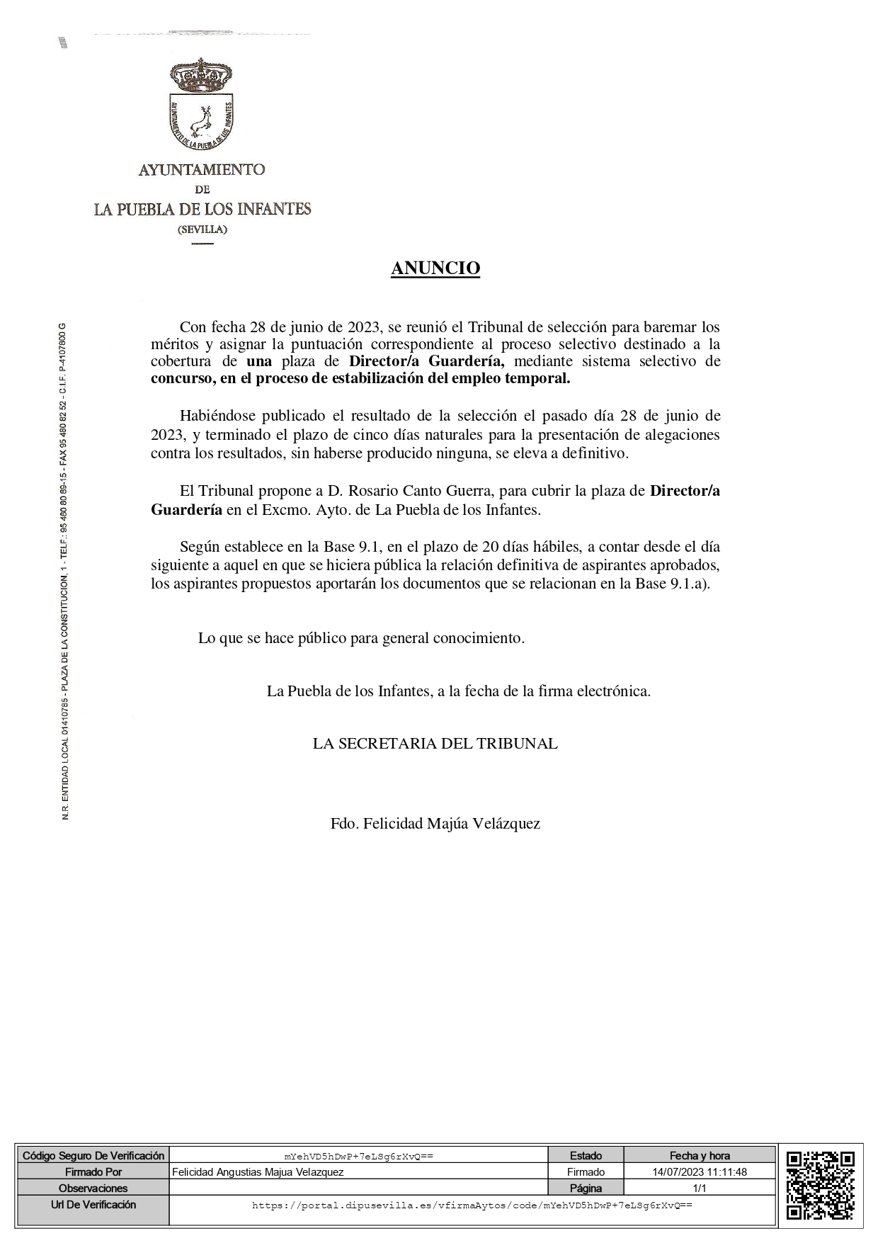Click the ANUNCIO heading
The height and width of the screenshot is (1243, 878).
435,268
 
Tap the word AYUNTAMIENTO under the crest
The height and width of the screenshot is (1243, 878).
202,170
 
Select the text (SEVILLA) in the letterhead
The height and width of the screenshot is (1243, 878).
203,229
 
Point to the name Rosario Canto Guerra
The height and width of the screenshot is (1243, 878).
399,491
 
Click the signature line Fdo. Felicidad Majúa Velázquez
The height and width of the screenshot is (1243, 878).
435,823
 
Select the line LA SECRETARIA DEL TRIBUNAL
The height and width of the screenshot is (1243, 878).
435,744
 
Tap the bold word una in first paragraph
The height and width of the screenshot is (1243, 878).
259,361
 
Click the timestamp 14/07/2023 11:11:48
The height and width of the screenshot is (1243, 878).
700,1172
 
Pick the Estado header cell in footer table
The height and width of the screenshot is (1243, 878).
586,1156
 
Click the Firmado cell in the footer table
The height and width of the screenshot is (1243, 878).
586,1172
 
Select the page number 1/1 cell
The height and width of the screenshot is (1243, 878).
700,1188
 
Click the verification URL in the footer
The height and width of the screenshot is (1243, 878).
472,1205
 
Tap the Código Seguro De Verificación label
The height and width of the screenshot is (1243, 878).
93,1156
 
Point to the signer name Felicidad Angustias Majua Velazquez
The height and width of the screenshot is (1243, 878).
258,1172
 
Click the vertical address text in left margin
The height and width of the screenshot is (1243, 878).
65,571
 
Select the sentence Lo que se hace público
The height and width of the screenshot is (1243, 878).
361,638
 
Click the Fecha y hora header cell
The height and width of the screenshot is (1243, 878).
700,1156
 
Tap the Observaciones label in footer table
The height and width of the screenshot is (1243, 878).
93,1188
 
